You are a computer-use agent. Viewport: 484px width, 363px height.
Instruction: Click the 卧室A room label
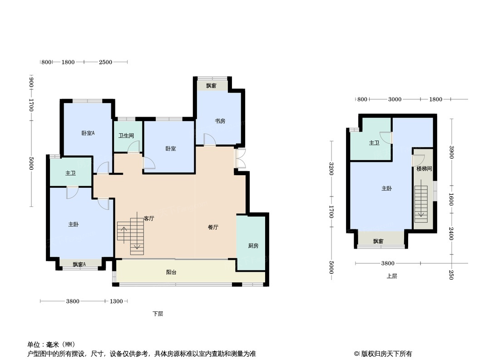click(x=88, y=133)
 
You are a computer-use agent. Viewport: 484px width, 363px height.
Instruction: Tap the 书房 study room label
click(x=220, y=121)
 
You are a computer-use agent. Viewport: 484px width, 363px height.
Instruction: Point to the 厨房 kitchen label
click(x=253, y=246)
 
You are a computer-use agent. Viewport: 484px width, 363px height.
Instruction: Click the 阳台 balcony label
click(x=171, y=273)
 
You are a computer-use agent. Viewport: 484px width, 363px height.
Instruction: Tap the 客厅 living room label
click(x=149, y=218)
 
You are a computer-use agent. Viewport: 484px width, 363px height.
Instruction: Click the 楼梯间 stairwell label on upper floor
click(x=424, y=169)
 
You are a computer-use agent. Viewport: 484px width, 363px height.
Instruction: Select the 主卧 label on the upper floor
click(x=386, y=189)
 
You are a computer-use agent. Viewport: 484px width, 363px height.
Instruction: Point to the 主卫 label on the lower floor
click(x=70, y=173)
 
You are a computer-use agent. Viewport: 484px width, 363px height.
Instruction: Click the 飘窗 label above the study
click(x=211, y=86)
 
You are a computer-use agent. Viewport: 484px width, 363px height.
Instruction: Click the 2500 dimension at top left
click(x=105, y=62)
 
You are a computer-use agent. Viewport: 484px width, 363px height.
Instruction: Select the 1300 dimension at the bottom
click(x=116, y=301)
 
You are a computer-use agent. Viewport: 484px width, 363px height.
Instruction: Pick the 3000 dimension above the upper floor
click(x=395, y=99)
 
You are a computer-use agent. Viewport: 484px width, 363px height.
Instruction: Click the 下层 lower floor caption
click(x=158, y=314)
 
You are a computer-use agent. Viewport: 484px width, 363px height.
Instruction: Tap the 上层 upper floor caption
click(x=392, y=276)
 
